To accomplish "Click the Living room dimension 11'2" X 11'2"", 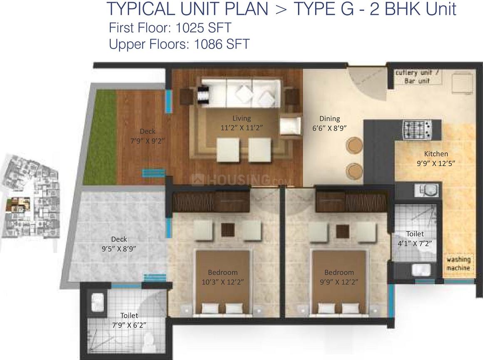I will [x=242, y=128].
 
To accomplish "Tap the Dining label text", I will [x=329, y=119].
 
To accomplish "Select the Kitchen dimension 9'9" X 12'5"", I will [x=436, y=164].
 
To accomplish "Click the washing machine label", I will [x=458, y=264].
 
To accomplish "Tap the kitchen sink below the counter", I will [x=426, y=191].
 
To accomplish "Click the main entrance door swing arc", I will [x=363, y=82].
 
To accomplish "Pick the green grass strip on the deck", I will [x=100, y=137].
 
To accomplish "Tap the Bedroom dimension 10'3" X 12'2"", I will [x=223, y=282].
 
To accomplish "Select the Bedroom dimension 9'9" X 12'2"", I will [x=339, y=282].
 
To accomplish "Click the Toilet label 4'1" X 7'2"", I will [x=415, y=239].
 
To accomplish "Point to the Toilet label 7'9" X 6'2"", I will [x=129, y=320].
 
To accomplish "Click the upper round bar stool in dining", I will [x=355, y=146].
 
